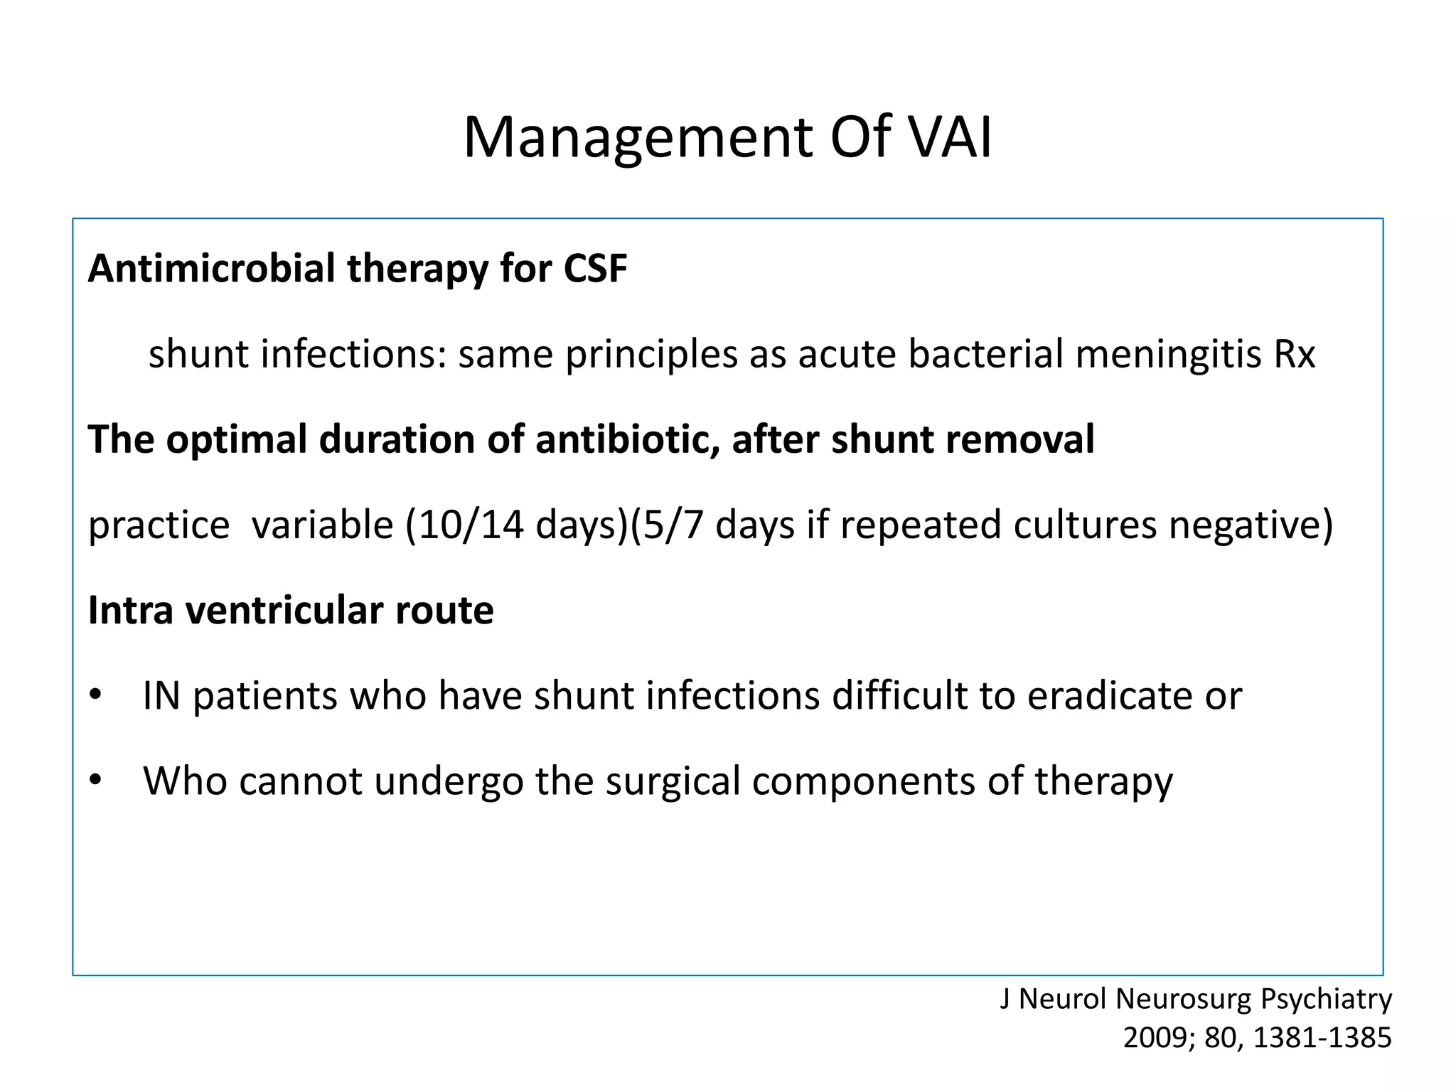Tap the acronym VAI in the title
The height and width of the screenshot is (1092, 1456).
951,137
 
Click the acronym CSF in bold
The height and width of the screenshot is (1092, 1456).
595,269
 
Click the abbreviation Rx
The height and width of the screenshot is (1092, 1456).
1295,354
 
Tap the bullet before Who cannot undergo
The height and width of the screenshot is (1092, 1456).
96,781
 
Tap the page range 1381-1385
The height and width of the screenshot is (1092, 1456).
1322,1038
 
